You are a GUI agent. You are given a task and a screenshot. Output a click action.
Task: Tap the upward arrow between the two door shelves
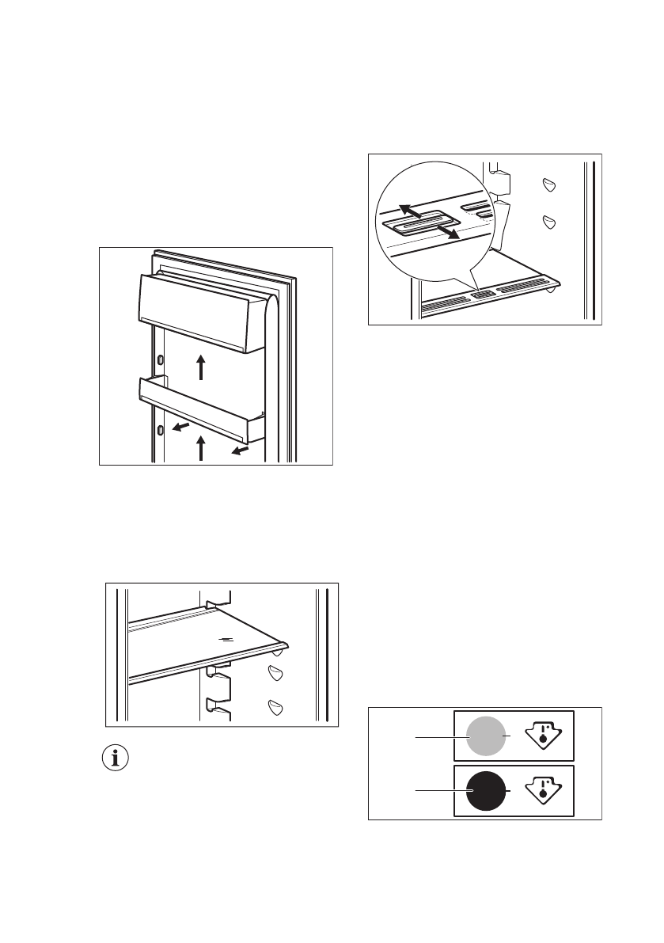click(x=202, y=367)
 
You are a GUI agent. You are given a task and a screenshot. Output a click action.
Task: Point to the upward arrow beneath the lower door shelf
click(x=201, y=447)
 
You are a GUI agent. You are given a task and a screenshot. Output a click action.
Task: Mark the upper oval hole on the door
click(x=161, y=359)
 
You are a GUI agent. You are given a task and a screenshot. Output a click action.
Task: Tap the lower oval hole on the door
click(x=161, y=429)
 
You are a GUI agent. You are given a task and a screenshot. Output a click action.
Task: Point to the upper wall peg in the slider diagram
click(x=548, y=184)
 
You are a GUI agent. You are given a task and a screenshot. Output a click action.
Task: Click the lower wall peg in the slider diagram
click(x=548, y=221)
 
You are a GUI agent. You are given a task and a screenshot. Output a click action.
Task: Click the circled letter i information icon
click(x=118, y=758)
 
